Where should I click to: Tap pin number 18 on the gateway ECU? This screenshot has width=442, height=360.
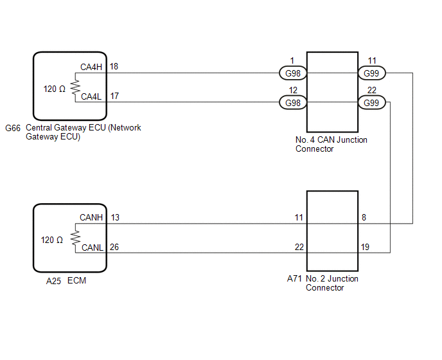coord(114,66)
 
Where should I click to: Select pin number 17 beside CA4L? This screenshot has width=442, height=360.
coord(114,96)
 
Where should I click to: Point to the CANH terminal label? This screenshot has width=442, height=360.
coord(91,217)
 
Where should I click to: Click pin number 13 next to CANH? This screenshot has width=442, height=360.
coord(115,217)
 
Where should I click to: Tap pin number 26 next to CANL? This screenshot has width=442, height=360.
coord(115,247)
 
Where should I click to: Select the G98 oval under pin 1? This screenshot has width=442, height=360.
coord(292,73)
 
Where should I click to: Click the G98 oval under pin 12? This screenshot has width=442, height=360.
coord(292,103)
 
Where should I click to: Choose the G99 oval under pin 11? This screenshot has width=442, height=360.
coord(371,73)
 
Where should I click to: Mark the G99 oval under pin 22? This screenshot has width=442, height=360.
coord(371,103)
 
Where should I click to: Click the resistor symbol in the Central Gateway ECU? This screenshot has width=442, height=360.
coord(75,85)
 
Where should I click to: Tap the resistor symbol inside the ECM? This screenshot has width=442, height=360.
coord(75,236)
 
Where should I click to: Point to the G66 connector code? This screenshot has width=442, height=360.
coord(12,128)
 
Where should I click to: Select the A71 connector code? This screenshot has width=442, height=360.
coord(294,279)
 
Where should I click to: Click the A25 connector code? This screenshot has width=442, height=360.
coord(53,280)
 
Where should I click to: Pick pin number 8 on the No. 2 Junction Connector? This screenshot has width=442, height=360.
coord(364,218)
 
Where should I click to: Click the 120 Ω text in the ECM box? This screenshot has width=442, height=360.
coord(52,240)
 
